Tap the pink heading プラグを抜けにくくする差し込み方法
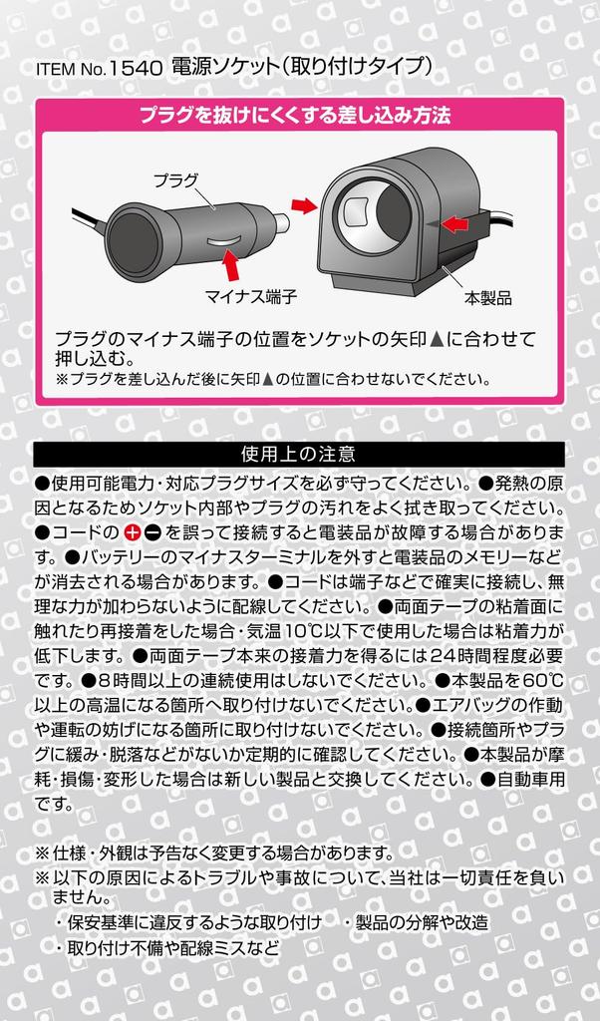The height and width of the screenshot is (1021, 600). pyautogui.click(x=295, y=116)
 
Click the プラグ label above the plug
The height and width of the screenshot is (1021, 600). pyautogui.click(x=175, y=181)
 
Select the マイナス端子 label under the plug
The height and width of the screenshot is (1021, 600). pyautogui.click(x=251, y=297)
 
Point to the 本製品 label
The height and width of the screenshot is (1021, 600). pyautogui.click(x=488, y=298)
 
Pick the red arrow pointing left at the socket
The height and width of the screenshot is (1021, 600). pyautogui.click(x=454, y=224)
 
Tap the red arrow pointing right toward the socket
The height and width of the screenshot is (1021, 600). pyautogui.click(x=304, y=206)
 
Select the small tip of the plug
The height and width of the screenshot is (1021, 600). pyautogui.click(x=280, y=223)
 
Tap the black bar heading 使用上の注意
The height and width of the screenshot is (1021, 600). pyautogui.click(x=299, y=454)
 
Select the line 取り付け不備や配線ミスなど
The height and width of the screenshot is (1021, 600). pyautogui.click(x=173, y=947)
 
